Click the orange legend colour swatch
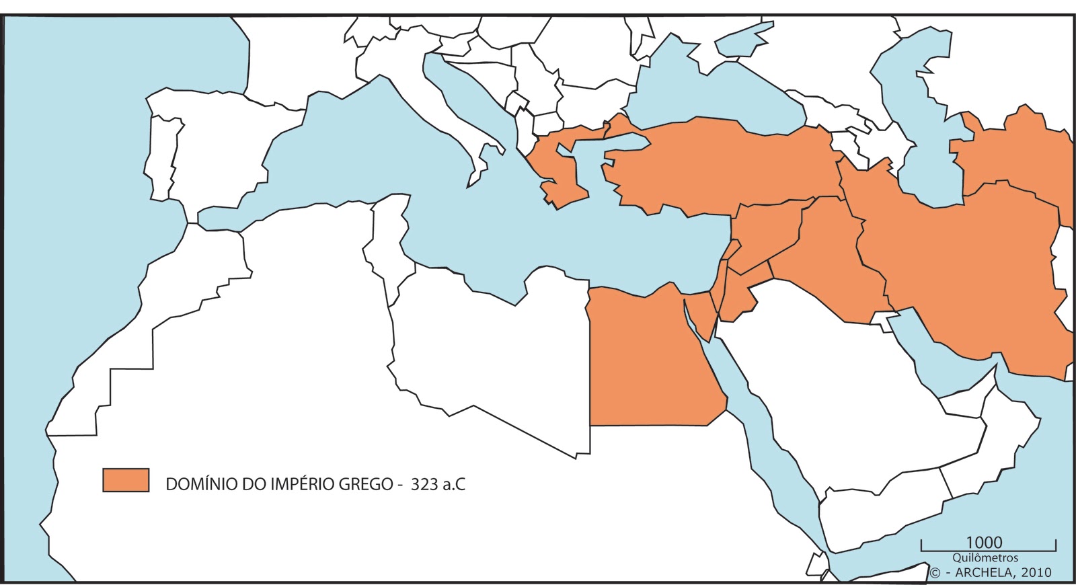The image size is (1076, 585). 126,480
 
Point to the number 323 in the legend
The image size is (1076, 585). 424,484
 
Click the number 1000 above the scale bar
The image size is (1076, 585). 984,543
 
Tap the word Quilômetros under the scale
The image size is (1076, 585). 985,558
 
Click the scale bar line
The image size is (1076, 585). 989,550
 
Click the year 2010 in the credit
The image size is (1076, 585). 1036,573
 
